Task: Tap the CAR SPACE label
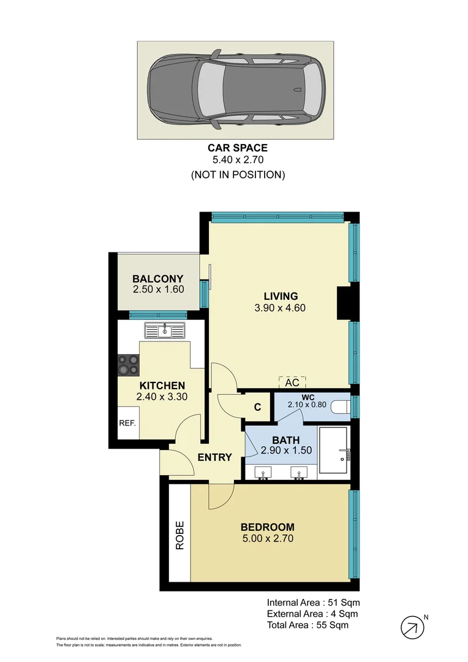coord(238,148)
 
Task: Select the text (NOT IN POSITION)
coord(238,175)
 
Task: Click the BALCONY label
coord(158,278)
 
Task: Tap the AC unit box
coord(292,382)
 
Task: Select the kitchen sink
coord(165,331)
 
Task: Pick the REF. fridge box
coord(127,423)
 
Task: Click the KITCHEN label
coord(162,386)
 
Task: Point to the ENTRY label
coord(214,457)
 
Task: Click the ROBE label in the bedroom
coord(180,535)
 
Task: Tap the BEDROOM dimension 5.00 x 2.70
coord(267,539)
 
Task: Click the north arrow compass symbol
coord(412,627)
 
